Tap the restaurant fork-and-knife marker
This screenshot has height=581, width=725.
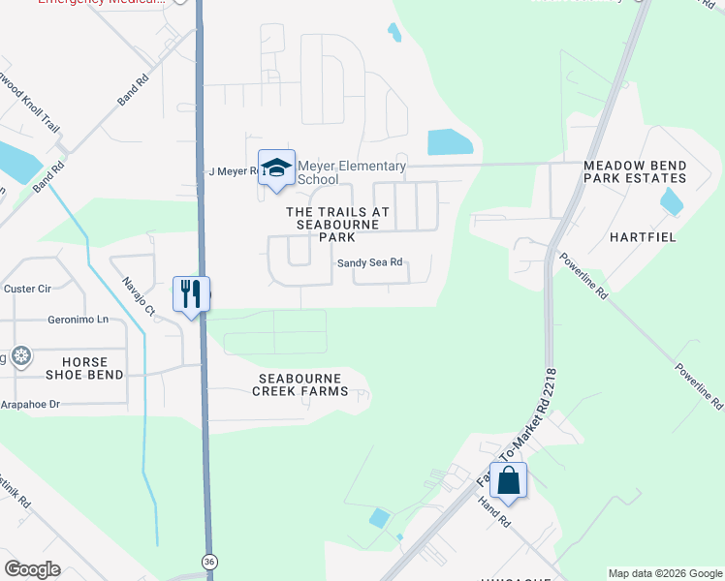[x=191, y=292]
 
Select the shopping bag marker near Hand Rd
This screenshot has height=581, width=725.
[x=508, y=479]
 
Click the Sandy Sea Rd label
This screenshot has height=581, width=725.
[x=369, y=263]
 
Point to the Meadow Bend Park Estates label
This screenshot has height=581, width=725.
[x=635, y=172]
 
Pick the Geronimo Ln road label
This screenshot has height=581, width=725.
[x=78, y=320]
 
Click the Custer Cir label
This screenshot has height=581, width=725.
[x=27, y=289]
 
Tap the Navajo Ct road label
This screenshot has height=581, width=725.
[x=138, y=296]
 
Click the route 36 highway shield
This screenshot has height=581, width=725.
[x=208, y=561]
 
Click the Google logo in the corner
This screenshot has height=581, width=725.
[x=32, y=569]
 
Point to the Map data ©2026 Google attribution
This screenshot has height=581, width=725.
[x=665, y=573]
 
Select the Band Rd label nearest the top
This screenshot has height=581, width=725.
[x=129, y=93]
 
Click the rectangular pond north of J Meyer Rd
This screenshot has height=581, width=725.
[x=450, y=142]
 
